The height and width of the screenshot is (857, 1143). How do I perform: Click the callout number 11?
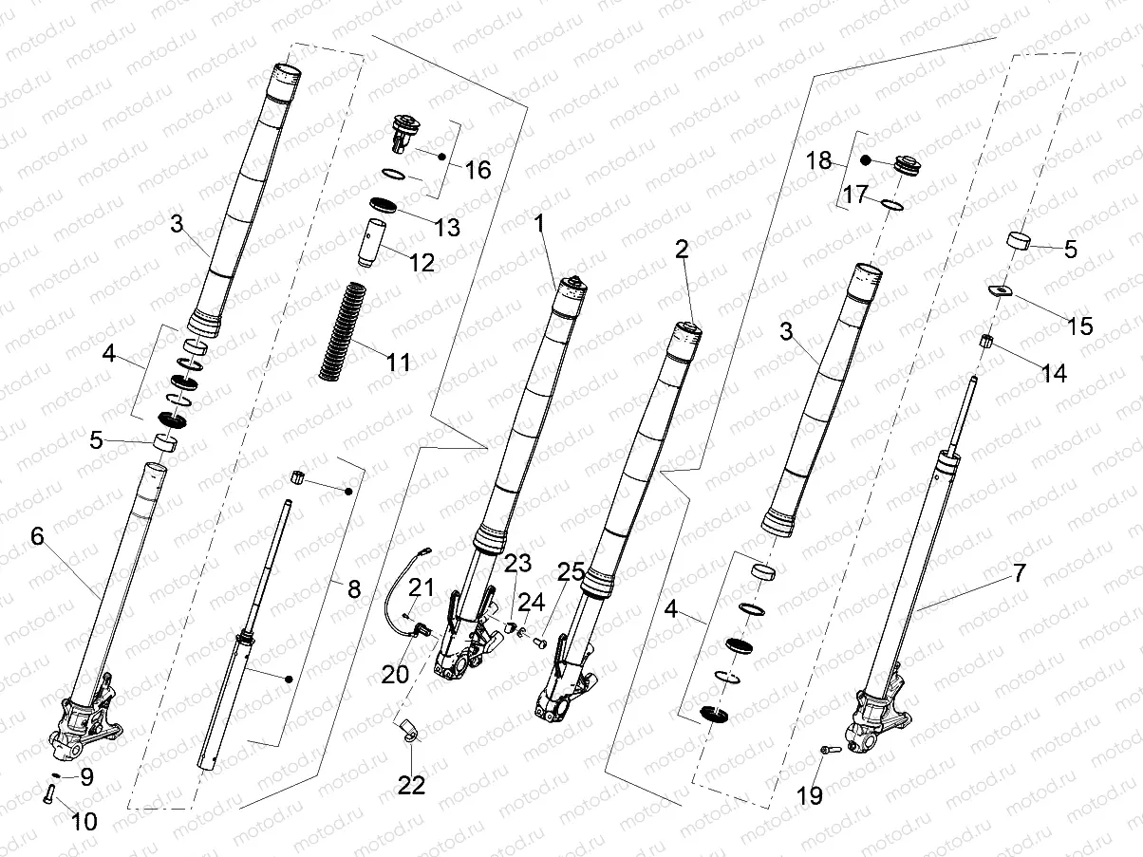(398, 363)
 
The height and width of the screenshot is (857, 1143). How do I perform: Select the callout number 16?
(478, 170)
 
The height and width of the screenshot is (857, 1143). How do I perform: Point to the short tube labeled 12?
(370, 243)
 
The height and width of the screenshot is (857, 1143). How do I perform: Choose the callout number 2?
(682, 250)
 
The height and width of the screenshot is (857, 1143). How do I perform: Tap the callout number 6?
(37, 536)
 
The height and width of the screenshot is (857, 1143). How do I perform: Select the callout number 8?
(354, 588)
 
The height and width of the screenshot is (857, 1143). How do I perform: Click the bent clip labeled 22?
(407, 731)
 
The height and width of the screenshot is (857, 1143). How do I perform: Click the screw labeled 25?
(542, 643)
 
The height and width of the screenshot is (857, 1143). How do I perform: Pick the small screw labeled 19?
(825, 750)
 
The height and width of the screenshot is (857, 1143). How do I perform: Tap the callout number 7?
(1020, 573)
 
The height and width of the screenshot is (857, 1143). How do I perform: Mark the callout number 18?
(817, 159)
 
